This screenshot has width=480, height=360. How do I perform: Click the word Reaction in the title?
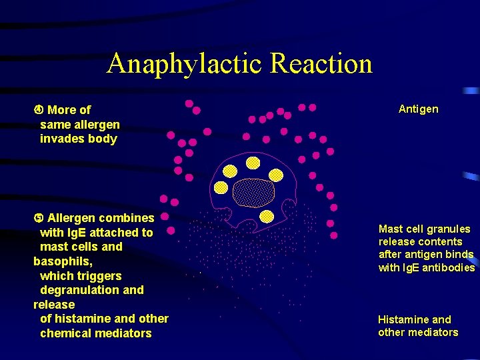[321, 64]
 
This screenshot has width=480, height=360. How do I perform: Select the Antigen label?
[418, 109]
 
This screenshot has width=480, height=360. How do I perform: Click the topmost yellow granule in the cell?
[253, 163]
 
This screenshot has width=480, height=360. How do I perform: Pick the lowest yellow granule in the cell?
[266, 216]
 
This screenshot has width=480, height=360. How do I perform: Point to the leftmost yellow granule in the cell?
[221, 188]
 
